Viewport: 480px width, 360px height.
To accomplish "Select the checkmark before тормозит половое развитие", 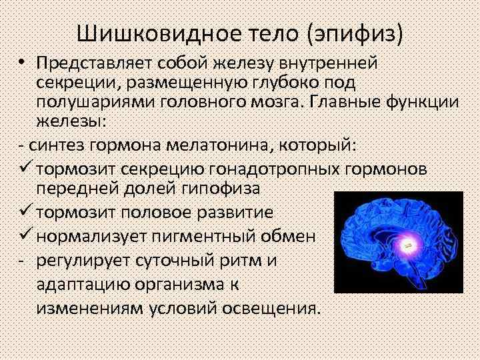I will tap(26, 213).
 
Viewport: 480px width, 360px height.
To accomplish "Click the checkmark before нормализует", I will tap(26, 236).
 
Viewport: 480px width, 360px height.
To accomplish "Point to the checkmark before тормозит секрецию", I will tap(26, 169).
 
